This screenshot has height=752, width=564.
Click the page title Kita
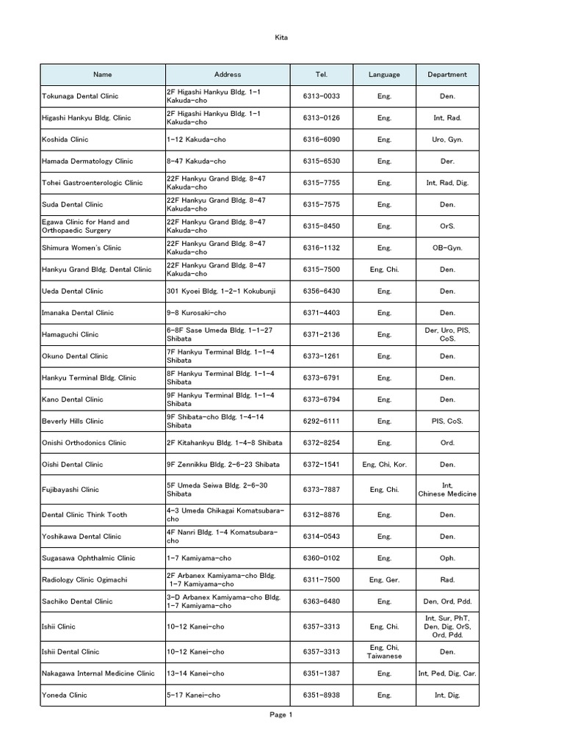[281, 37]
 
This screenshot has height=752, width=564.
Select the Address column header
[228, 74]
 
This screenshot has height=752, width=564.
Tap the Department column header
[447, 74]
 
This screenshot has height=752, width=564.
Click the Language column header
[384, 74]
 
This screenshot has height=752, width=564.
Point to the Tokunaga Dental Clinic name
[80, 96]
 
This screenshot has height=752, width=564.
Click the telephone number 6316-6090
[321, 140]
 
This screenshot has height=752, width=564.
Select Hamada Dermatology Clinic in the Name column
[87, 161]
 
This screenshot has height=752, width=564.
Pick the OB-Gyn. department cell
[447, 248]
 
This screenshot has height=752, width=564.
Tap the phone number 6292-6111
[321, 422]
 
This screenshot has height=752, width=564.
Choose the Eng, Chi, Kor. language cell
[384, 465]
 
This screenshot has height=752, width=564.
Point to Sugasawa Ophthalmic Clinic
[89, 558]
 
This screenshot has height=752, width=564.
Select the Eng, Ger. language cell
[384, 580]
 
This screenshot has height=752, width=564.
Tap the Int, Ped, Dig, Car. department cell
[447, 673]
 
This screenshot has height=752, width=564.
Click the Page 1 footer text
[281, 715]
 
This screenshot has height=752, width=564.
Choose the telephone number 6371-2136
[321, 335]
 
